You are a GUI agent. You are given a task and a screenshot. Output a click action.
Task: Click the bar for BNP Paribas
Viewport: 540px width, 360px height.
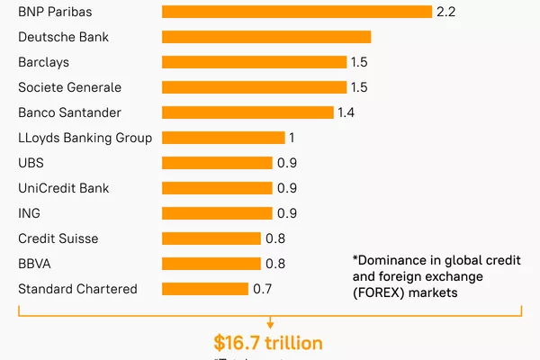297,12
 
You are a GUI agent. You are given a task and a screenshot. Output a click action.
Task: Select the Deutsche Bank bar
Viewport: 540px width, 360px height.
266,37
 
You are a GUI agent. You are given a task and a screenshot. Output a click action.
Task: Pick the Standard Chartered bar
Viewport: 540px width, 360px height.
205,289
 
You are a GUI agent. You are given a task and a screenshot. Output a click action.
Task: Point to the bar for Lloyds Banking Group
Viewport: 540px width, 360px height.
223,138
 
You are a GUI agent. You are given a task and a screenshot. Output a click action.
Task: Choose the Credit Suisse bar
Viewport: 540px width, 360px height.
211,238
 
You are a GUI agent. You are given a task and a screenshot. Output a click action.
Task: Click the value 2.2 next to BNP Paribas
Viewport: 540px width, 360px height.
446,12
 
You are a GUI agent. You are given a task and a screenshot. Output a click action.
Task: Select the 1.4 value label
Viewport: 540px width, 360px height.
346,112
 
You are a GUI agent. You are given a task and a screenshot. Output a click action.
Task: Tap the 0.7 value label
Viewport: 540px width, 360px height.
262,289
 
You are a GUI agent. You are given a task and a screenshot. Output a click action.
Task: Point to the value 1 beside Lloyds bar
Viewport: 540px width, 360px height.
292,138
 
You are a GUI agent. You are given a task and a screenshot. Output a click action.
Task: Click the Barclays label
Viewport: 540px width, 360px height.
43,62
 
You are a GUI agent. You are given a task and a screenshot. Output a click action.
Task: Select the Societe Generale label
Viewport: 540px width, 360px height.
69,87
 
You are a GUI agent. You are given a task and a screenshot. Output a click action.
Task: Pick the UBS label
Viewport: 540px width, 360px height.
31,163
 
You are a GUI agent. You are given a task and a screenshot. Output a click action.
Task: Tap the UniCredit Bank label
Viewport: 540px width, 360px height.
63,188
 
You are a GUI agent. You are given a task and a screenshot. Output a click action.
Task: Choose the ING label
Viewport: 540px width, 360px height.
29,213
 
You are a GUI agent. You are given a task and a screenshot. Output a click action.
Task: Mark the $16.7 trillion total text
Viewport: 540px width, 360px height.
268,343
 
